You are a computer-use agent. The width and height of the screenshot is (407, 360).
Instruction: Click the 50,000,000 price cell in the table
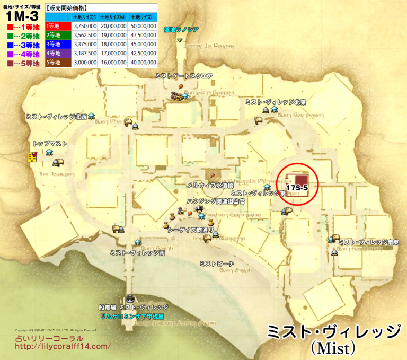(141, 25)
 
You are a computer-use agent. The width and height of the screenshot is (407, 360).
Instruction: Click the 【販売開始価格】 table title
(67, 8)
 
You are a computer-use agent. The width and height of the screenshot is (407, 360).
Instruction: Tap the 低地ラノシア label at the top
(181, 30)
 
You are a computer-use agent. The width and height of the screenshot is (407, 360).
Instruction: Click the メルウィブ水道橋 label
(210, 186)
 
